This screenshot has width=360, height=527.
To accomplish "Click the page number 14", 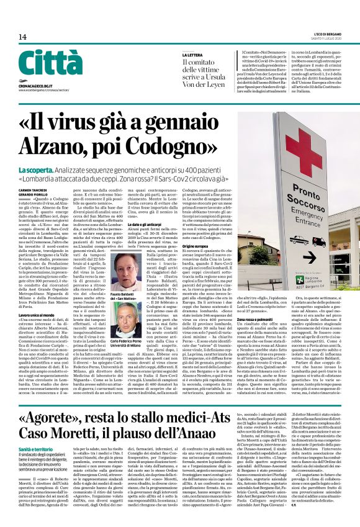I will [23, 37].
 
